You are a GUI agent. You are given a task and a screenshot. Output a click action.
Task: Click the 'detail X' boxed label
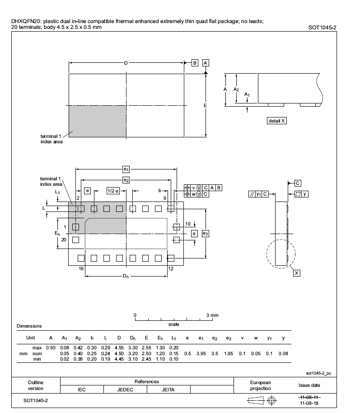[x=276, y=121]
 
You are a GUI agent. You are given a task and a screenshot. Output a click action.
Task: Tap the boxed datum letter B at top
[x=195, y=63]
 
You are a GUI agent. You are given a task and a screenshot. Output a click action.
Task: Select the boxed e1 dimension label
[x=126, y=169]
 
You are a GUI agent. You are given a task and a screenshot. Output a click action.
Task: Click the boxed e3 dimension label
[x=206, y=234]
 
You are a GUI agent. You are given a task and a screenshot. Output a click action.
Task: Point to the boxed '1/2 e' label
[x=113, y=191]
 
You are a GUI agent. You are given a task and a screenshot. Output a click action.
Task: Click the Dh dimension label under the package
[x=126, y=276]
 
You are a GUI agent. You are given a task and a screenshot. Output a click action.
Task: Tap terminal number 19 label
[x=81, y=269]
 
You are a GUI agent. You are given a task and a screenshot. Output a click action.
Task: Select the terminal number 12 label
[x=171, y=269]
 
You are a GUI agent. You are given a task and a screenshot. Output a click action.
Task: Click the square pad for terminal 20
[x=75, y=240]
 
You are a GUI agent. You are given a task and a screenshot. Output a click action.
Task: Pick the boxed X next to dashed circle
[x=296, y=273]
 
